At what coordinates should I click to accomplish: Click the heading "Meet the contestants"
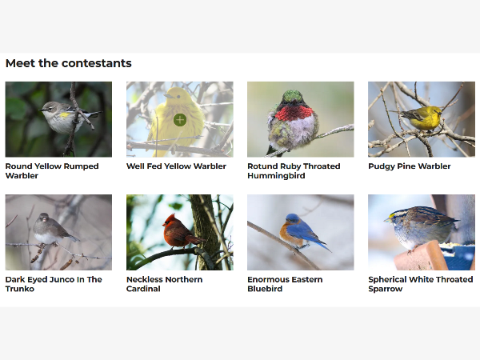pos(69,63)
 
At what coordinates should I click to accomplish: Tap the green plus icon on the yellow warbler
pos(180,120)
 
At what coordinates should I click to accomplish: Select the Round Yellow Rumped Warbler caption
pos(52,171)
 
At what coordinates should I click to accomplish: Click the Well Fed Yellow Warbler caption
pos(176,166)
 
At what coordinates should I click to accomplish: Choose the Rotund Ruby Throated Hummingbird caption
pos(294,171)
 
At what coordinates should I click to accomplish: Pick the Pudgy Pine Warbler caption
pos(410,166)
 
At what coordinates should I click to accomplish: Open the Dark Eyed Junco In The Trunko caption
pos(54,284)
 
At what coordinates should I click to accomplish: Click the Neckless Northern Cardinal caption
pos(164,284)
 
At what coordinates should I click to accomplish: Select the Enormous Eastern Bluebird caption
pos(285,284)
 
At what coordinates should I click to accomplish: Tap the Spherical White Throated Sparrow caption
pos(421,284)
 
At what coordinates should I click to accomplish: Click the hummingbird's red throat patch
pos(294,113)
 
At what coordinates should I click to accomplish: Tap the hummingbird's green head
pos(292,97)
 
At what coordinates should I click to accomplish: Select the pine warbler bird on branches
pos(422,118)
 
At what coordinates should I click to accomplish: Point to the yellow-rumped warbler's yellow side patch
pos(65,115)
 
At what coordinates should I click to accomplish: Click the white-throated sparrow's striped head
pos(398,216)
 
